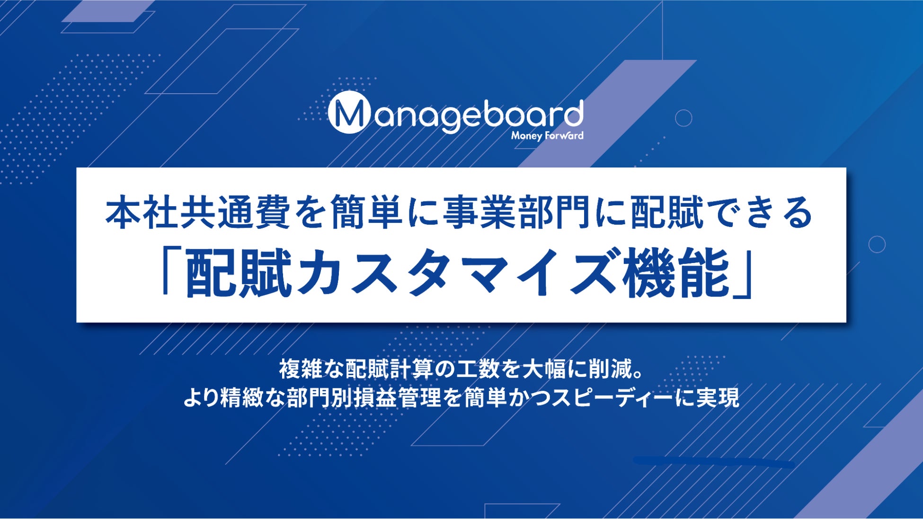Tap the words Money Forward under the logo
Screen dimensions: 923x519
click(x=547, y=136)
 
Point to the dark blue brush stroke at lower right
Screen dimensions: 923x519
click(x=714, y=462)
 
